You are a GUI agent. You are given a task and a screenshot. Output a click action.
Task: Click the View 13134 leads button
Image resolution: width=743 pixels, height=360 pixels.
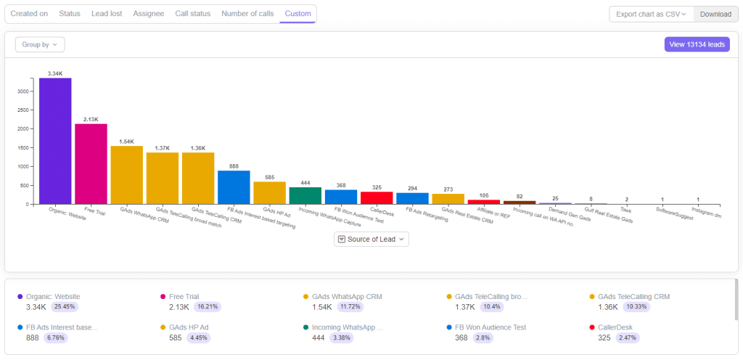[697, 44]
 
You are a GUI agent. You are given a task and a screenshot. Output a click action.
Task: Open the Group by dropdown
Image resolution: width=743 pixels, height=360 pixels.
[40, 44]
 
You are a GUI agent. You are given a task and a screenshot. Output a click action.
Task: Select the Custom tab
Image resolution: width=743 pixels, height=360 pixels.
[297, 14]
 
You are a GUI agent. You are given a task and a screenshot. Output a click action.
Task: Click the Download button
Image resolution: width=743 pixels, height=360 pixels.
[715, 14]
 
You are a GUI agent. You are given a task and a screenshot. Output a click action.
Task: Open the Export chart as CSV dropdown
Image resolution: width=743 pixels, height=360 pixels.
[651, 14]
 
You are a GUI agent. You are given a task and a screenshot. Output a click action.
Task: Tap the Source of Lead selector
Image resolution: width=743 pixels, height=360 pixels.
[371, 239]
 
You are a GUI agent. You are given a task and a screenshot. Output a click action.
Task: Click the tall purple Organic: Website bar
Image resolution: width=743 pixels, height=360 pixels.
[55, 141]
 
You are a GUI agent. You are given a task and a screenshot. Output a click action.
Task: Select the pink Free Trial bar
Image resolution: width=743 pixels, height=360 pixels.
[91, 163]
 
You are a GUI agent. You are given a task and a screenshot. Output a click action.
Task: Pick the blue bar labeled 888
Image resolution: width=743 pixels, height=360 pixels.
[234, 187]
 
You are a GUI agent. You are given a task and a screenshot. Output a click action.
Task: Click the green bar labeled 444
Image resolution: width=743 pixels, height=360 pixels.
[305, 195]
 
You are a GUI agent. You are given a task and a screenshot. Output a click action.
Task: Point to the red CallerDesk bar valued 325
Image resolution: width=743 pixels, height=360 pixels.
[377, 197]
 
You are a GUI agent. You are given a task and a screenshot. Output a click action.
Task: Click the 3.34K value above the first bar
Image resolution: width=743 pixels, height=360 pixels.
[55, 73]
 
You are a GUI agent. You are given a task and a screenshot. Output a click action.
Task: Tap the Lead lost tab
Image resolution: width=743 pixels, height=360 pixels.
[107, 14]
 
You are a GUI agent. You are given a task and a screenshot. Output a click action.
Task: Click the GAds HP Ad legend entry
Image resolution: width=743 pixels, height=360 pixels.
[190, 327]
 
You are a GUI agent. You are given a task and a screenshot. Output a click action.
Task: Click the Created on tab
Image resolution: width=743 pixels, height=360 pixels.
[29, 14]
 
